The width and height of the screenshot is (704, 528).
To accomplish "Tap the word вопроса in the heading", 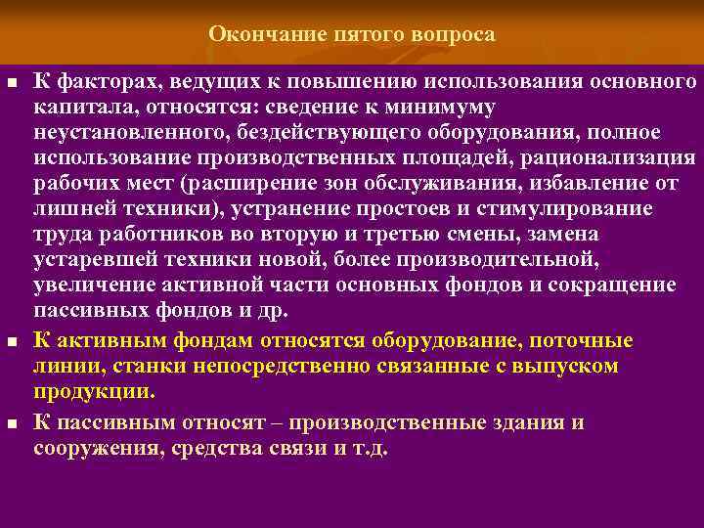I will [x=455, y=34].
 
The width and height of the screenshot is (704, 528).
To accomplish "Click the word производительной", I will [x=507, y=259].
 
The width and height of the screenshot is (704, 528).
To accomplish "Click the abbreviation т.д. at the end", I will [x=367, y=449].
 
